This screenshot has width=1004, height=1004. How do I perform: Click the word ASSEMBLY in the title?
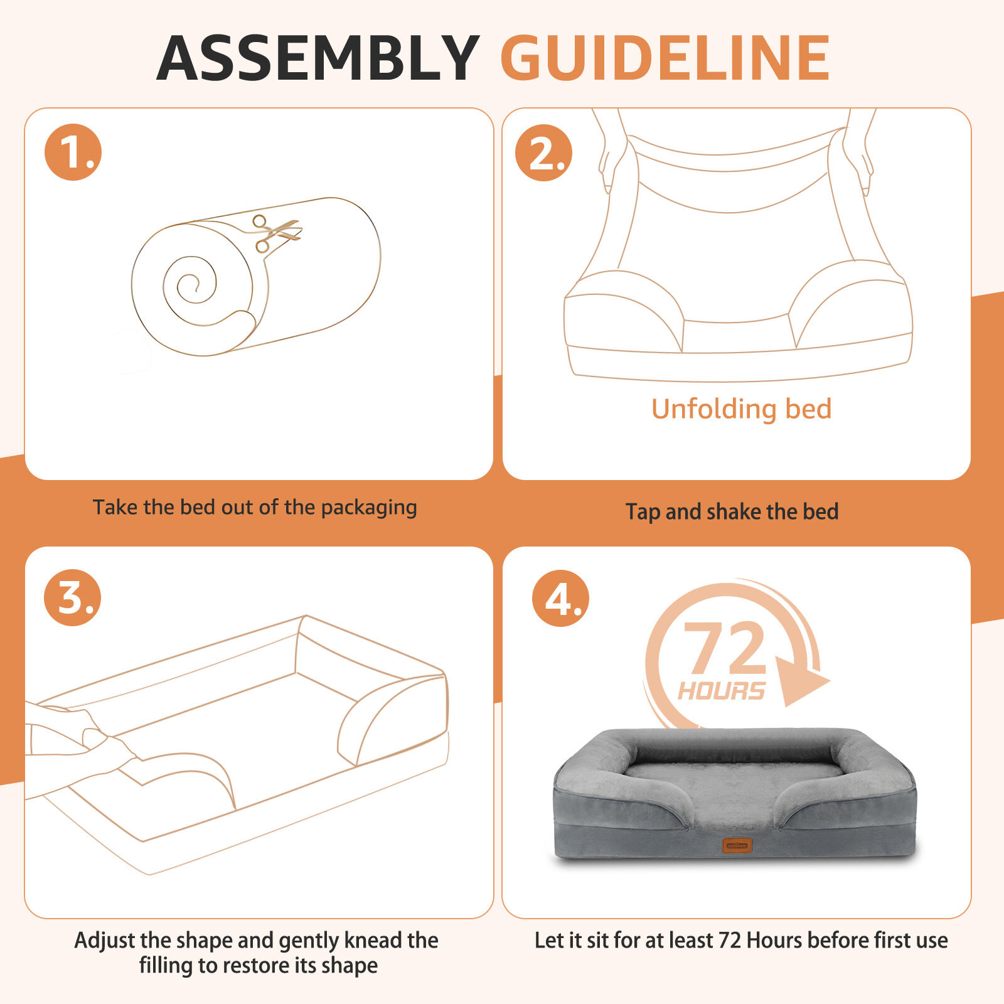(x=318, y=58)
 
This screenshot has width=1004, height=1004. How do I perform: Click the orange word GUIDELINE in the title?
(x=666, y=58)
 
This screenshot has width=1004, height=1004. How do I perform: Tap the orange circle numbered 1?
(x=73, y=152)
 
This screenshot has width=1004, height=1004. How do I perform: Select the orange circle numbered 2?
(x=543, y=152)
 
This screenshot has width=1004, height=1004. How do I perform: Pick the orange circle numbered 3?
(x=72, y=597)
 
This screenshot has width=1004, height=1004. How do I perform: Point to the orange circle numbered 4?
(x=560, y=598)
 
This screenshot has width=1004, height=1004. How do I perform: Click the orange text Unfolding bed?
(x=741, y=409)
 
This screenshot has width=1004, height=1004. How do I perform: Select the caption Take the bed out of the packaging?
(x=255, y=507)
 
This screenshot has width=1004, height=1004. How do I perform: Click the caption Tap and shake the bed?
(x=732, y=511)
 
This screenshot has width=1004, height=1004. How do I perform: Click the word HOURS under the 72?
(x=722, y=691)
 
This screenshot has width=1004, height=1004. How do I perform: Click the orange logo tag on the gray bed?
(x=737, y=845)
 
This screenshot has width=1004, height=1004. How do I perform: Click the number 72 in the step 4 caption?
(x=730, y=941)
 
